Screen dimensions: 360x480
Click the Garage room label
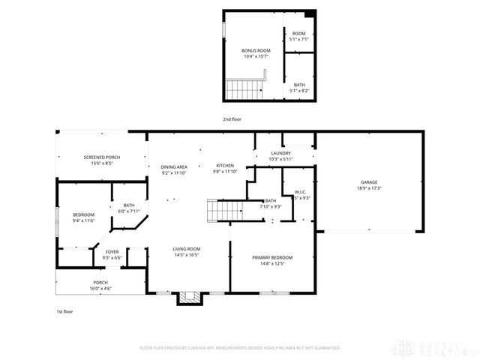pyautogui.click(x=368, y=181)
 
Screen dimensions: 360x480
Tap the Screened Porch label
pyautogui.click(x=101, y=157)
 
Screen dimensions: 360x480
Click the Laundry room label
pyautogui.click(x=281, y=153)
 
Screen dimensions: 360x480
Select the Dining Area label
pyautogui.click(x=173, y=166)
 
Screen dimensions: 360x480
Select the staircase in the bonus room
pyautogui.click(x=244, y=90)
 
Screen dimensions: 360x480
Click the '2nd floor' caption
pyautogui.click(x=232, y=119)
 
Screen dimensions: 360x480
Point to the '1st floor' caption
pyautogui.click(x=65, y=310)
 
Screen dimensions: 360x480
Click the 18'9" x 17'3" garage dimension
pyautogui.click(x=368, y=187)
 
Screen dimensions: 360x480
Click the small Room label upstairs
pyautogui.click(x=299, y=33)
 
